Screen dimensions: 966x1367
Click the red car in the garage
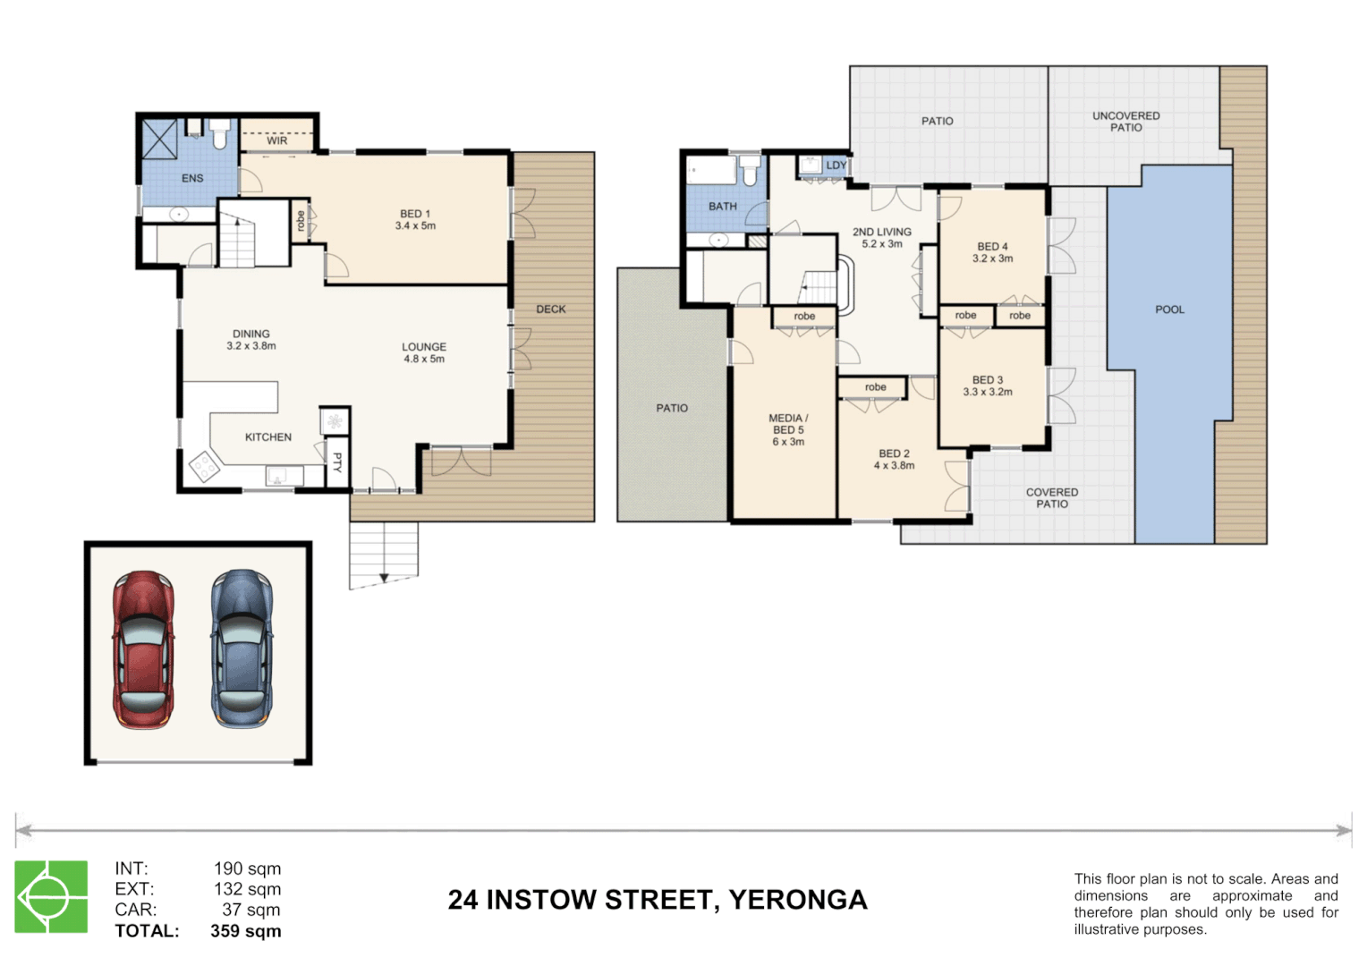click(x=143, y=649)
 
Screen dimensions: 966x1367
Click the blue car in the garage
click(x=242, y=649)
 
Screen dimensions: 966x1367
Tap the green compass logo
click(x=51, y=896)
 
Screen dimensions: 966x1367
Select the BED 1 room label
click(x=415, y=214)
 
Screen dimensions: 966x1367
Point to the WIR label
click(x=277, y=140)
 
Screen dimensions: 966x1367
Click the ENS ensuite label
click(x=192, y=178)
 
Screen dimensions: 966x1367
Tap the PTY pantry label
click(x=337, y=462)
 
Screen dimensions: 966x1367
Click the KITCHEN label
click(x=268, y=437)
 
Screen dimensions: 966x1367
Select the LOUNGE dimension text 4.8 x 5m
click(x=424, y=360)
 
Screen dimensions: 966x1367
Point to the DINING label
click(x=251, y=334)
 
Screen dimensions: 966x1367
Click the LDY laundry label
click(x=836, y=165)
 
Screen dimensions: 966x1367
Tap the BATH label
click(x=723, y=207)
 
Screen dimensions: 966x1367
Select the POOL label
click(x=1169, y=309)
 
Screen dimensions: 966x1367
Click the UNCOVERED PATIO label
click(x=1126, y=122)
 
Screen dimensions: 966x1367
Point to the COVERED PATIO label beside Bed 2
click(x=1052, y=498)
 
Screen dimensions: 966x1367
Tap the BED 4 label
click(x=992, y=246)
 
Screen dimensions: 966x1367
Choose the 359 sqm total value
click(x=246, y=931)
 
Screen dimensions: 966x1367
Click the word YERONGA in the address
click(x=798, y=900)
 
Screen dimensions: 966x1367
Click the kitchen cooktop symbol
click(x=203, y=467)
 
